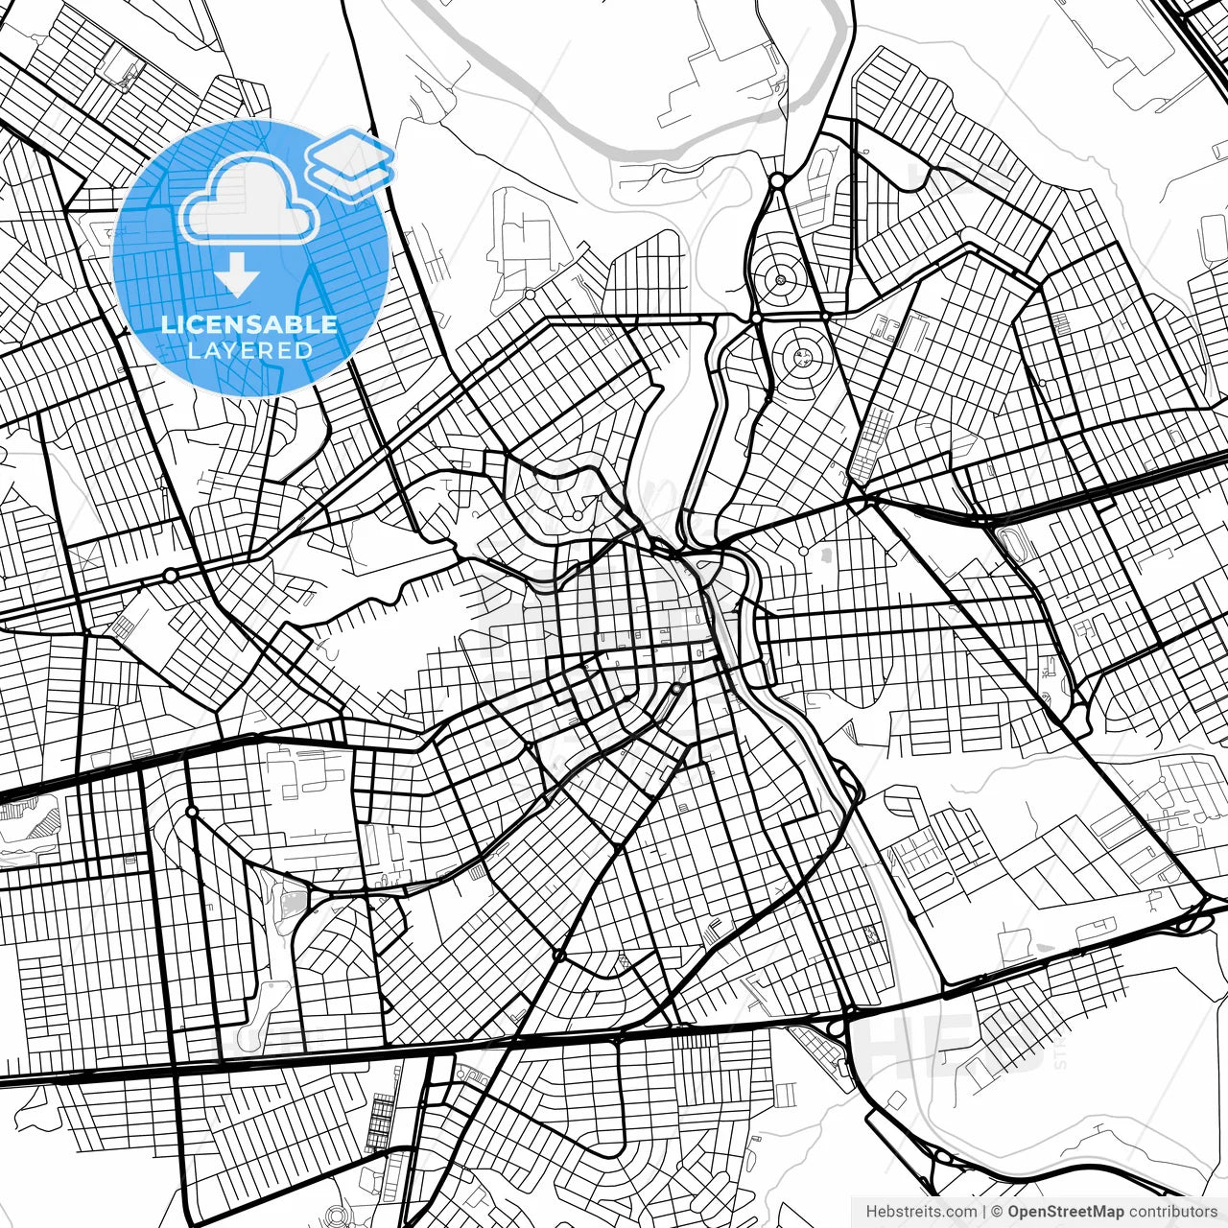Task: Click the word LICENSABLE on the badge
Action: click(x=249, y=324)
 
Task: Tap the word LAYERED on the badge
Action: click(x=249, y=350)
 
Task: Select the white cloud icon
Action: click(x=249, y=201)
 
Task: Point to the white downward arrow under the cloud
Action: click(x=237, y=275)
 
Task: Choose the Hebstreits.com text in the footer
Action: click(x=921, y=1212)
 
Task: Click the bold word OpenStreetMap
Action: click(x=1066, y=1212)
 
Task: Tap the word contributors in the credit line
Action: click(x=1172, y=1212)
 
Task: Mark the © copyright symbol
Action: click(x=997, y=1212)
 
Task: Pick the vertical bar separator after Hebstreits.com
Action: click(x=984, y=1212)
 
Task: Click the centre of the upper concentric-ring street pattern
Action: click(x=781, y=280)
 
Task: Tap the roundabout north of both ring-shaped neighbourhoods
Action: click(x=776, y=179)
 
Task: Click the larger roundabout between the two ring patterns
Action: click(x=756, y=317)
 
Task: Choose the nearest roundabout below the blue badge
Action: click(x=171, y=575)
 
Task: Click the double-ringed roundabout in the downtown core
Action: click(x=676, y=689)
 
